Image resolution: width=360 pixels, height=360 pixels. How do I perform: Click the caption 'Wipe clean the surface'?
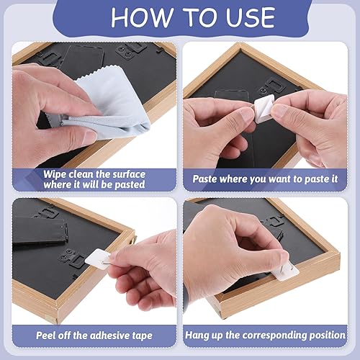tap(94, 174)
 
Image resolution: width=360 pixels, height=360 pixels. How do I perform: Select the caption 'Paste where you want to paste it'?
tap(269, 179)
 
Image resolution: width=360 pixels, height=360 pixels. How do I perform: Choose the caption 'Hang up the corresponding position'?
tap(269, 335)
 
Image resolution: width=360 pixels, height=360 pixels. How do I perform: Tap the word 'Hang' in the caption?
tap(206, 335)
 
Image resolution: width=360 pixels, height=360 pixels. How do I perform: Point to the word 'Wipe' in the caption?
tap(55, 174)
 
